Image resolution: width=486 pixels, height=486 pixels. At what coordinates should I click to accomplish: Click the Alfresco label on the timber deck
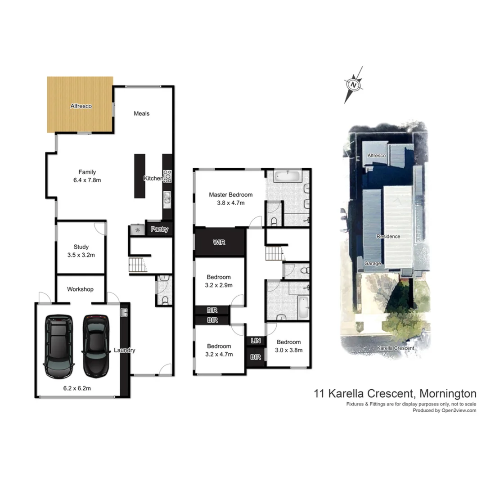(x=81, y=106)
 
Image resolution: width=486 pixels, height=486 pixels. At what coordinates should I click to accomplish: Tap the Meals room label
(x=141, y=113)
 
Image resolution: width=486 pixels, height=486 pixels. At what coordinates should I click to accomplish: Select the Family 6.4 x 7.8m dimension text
(x=87, y=180)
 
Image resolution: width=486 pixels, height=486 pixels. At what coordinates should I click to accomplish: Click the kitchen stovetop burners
(x=167, y=176)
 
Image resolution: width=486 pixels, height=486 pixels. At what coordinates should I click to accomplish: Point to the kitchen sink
(x=166, y=198)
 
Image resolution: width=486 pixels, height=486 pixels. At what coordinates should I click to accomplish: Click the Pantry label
(x=159, y=229)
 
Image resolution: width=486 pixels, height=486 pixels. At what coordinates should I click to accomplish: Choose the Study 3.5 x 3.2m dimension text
(x=81, y=255)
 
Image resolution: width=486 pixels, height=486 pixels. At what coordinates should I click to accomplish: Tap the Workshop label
(x=80, y=289)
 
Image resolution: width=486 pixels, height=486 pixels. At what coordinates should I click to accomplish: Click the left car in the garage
(x=58, y=346)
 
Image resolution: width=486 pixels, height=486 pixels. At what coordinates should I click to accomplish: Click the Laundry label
(x=125, y=350)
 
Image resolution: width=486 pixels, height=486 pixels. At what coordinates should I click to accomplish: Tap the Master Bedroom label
(x=230, y=195)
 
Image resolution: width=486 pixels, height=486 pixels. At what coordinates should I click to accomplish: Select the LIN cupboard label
(x=255, y=341)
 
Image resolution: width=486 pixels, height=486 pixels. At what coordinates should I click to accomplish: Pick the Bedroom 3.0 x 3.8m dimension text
(x=288, y=350)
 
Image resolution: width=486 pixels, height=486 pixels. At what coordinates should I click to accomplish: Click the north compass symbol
(x=353, y=84)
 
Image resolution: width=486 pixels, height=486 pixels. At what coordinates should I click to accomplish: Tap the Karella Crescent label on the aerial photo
(x=396, y=348)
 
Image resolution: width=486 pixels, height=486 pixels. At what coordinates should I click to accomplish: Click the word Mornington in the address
(x=447, y=393)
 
